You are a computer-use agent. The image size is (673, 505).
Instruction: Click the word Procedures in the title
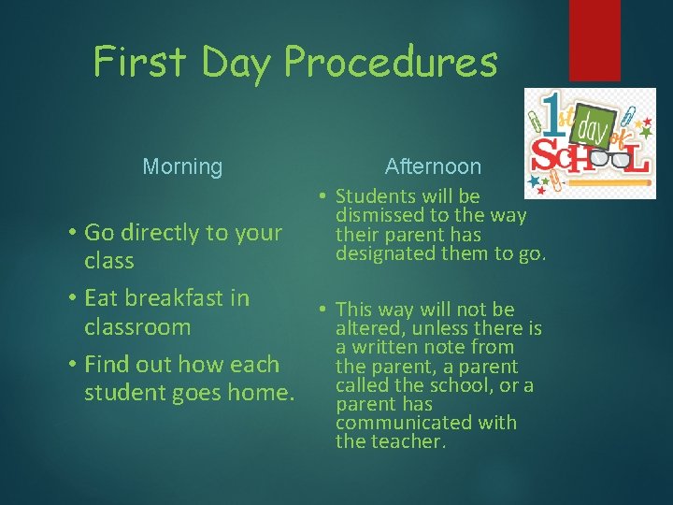391,64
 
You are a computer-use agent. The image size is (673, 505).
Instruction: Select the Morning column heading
182,167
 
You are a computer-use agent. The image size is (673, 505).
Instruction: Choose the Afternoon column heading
433,166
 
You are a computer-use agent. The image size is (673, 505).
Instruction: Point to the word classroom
137,327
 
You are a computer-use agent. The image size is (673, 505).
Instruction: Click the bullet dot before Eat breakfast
72,298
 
